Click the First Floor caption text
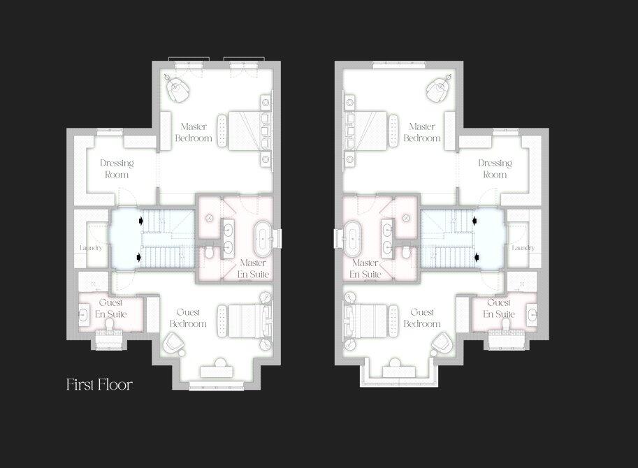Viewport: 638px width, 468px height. click(x=99, y=384)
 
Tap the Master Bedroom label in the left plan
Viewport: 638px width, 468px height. click(x=196, y=132)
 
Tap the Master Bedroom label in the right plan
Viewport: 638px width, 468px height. click(x=422, y=132)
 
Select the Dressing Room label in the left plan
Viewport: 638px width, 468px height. click(x=117, y=168)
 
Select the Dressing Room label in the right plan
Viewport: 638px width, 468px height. click(x=495, y=168)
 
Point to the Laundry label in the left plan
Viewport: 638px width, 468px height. click(x=92, y=248)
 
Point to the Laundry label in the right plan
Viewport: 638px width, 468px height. click(x=523, y=248)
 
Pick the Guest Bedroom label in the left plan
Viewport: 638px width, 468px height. click(x=189, y=318)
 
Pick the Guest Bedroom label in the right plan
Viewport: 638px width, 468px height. click(x=425, y=318)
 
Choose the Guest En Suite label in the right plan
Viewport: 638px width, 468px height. click(x=499, y=308)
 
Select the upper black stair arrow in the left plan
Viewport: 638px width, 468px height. click(x=143, y=220)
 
